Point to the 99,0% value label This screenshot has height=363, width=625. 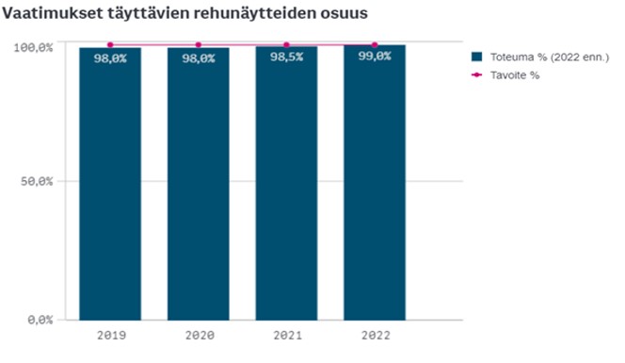375,58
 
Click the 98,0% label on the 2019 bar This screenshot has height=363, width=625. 110,58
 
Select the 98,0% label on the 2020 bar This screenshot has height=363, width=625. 198,58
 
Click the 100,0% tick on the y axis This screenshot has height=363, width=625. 39,45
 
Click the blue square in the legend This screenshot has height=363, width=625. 477,57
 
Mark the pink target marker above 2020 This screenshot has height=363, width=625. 198,44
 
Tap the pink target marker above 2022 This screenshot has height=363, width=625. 375,44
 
